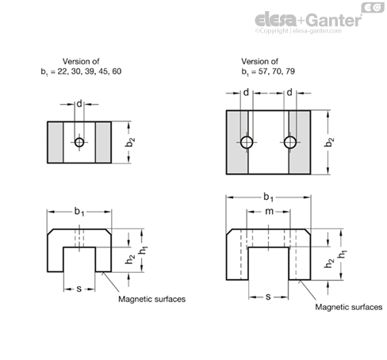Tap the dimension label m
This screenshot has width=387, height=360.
[269, 211]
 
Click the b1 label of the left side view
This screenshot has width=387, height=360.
[79, 212]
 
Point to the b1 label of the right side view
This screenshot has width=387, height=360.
[268, 197]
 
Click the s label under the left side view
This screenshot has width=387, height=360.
[79, 289]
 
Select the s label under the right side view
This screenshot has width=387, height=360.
[268, 297]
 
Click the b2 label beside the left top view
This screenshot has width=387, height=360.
[130, 142]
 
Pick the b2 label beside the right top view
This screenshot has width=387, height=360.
[329, 142]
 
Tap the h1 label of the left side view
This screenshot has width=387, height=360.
[144, 250]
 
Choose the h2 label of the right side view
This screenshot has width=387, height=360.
[329, 263]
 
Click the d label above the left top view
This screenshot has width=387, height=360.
[79, 104]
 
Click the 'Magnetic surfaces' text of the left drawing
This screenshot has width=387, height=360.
[151, 299]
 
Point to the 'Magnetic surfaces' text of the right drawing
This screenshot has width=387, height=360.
[349, 307]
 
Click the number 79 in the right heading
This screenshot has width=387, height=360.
[290, 71]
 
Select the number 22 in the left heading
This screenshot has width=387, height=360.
[63, 71]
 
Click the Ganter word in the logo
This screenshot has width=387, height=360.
[334, 21]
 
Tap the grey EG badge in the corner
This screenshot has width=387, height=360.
[373, 8]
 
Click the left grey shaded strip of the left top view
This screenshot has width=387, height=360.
[56, 142]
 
